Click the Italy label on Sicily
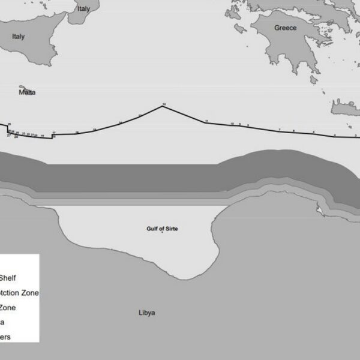pos(19,37)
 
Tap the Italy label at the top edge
pos(83,9)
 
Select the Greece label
pos(285,28)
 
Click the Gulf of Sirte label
pos(162,229)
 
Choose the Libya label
pos(146,313)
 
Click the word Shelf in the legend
pos(12,278)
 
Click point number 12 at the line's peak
pos(164,106)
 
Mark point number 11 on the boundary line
pos(206,122)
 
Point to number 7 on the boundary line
pos(280,130)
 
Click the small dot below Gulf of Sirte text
pos(162,235)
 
